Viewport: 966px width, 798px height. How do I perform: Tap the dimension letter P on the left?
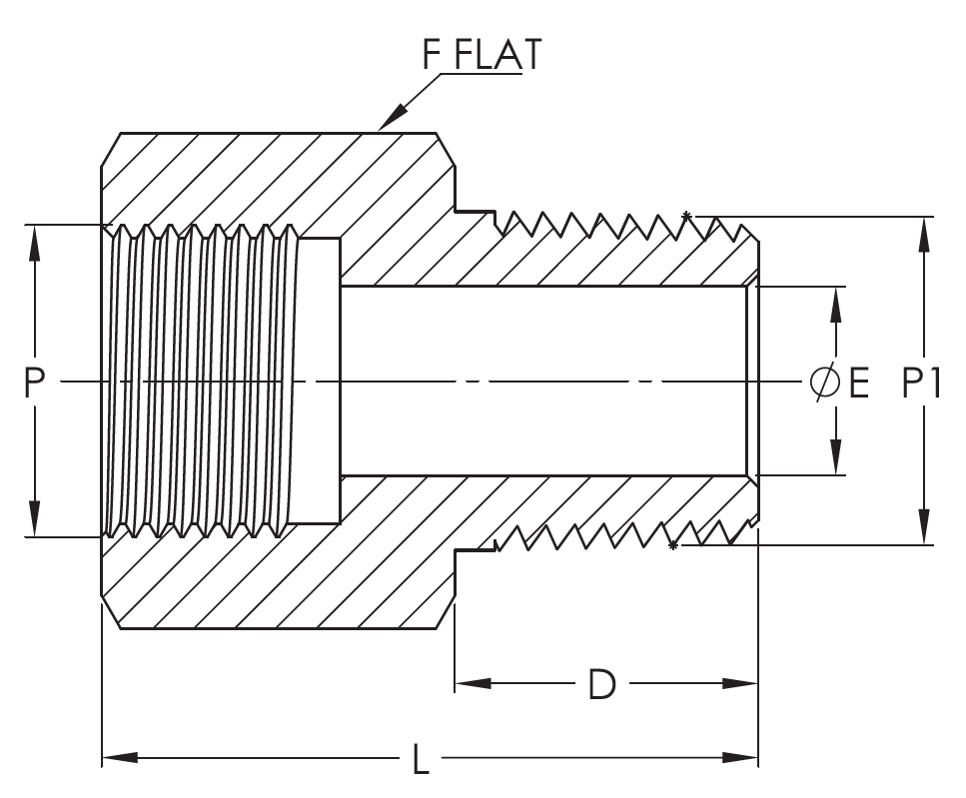pyautogui.click(x=35, y=383)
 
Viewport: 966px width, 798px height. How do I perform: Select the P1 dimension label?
pyautogui.click(x=921, y=383)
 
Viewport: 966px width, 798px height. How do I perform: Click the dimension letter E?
pyautogui.click(x=859, y=383)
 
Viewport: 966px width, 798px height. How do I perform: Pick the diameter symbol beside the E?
pyautogui.click(x=824, y=383)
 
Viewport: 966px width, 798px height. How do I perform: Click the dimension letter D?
pyautogui.click(x=601, y=684)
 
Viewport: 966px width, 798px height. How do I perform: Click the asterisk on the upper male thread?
pyautogui.click(x=686, y=216)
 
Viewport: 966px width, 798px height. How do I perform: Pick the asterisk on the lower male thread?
pyautogui.click(x=673, y=545)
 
